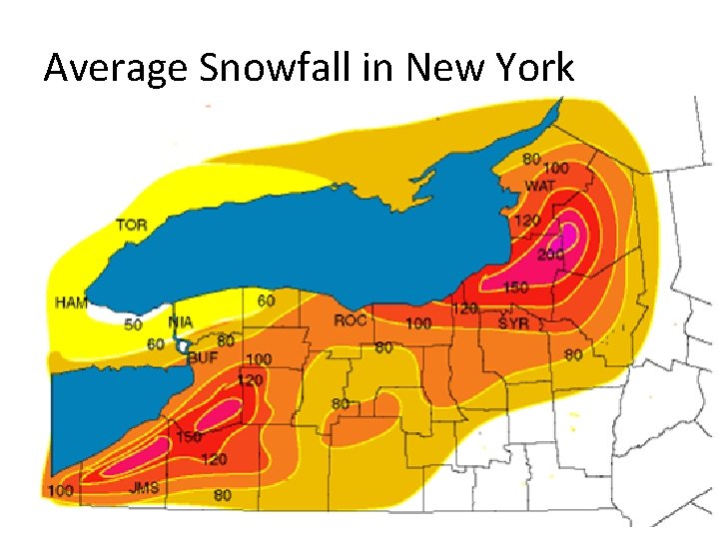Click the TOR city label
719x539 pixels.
131,225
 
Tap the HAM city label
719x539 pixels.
70,302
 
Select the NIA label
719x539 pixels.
180,322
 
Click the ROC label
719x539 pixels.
351,320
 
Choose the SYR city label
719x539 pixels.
513,322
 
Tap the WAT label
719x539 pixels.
539,186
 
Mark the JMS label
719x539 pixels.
144,487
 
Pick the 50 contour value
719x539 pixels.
133,324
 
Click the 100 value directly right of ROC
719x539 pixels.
418,323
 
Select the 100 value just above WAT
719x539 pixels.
555,169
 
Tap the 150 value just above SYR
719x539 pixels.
515,287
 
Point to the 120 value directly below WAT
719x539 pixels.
525,220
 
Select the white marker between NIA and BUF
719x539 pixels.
182,344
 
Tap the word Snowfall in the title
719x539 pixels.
262,68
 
